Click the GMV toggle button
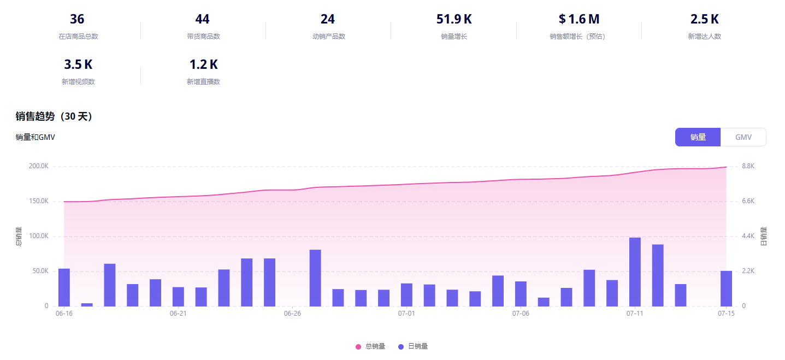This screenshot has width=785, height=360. tap(743, 137)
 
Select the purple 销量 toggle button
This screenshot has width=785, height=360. tap(698, 137)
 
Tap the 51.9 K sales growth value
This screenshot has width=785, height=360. tap(454, 19)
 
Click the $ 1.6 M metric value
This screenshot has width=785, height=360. tap(579, 19)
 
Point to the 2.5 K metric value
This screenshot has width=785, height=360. tap(704, 19)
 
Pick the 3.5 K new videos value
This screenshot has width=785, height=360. tap(78, 64)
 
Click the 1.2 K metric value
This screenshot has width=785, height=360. tap(203, 64)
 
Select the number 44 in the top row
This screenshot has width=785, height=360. tap(202, 19)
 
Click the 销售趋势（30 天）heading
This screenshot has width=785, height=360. tap(55, 116)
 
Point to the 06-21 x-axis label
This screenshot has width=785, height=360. tap(178, 314)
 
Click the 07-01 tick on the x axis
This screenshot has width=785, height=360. tap(406, 314)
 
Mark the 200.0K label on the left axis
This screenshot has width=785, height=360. tap(39, 166)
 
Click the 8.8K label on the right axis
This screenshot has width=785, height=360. tap(748, 166)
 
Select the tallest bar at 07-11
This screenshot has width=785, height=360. tap(635, 272)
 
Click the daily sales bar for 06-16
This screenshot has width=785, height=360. tap(64, 287)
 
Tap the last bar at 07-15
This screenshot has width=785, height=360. tap(726, 288)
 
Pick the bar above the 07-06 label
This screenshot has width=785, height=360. tap(521, 294)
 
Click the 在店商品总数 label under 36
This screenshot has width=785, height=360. tap(78, 37)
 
